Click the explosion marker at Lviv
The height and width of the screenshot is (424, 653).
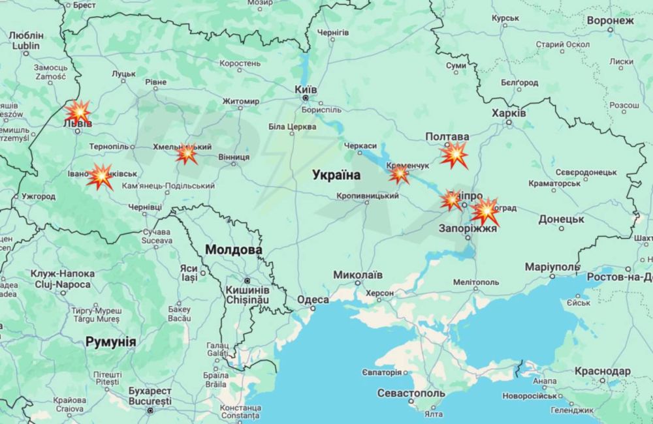[78, 112]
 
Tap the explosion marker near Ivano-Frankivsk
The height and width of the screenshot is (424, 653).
[101, 176]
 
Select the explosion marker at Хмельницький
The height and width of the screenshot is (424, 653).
[187, 154]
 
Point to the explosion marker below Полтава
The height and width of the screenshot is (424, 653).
[453, 155]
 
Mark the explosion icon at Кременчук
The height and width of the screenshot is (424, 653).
[399, 174]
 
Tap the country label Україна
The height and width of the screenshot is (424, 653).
[336, 174]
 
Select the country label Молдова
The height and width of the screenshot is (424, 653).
[233, 249]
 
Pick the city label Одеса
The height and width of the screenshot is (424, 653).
[313, 299]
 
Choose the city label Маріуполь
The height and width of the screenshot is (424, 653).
[552, 267]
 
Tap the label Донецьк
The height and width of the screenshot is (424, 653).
[562, 219]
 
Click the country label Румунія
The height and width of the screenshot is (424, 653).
[110, 341]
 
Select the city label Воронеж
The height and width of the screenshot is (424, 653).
[610, 20]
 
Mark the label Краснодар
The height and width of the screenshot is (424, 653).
[603, 371]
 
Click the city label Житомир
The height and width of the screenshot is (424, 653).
[240, 101]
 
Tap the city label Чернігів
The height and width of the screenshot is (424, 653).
[333, 32]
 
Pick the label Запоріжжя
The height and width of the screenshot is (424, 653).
[468, 229]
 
